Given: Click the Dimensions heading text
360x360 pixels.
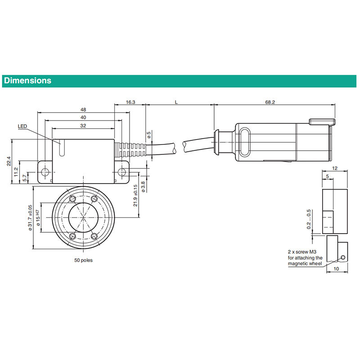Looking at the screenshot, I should point(27,81).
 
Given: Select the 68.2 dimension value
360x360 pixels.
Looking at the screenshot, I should point(270,103).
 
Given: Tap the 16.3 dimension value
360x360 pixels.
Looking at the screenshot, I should point(130,103).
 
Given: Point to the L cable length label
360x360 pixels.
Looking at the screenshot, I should point(176,103).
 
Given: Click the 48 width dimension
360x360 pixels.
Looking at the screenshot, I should point(83,109).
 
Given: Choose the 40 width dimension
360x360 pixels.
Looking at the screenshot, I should point(83,117).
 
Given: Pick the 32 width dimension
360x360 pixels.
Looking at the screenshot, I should point(83,126).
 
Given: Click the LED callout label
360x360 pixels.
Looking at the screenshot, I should point(23,126).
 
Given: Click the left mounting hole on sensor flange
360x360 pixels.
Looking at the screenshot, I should point(45,172).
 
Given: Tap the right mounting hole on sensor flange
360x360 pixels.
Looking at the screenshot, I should point(122,172).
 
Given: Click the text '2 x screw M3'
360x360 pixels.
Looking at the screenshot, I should point(303,252).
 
